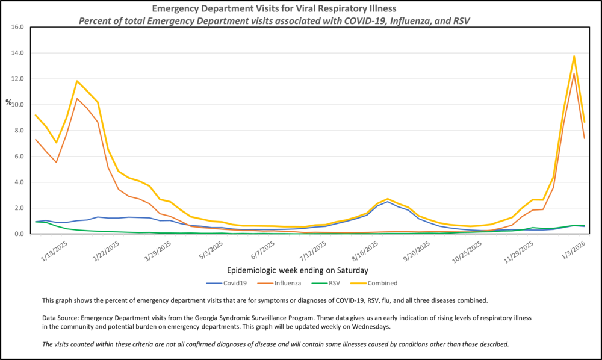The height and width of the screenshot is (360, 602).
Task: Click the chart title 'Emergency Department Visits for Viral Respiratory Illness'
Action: click(x=282, y=9)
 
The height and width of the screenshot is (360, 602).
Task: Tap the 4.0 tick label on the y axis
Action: click(x=17, y=182)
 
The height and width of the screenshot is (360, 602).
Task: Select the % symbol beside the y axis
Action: click(x=8, y=102)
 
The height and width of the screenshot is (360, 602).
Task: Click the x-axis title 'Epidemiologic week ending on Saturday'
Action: click(x=298, y=270)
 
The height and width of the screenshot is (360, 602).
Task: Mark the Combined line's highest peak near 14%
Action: click(x=574, y=56)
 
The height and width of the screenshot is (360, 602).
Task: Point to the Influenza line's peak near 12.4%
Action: click(x=574, y=73)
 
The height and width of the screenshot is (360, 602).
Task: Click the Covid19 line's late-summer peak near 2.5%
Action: click(x=388, y=202)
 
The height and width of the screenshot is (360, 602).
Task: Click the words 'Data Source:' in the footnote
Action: click(x=61, y=317)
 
